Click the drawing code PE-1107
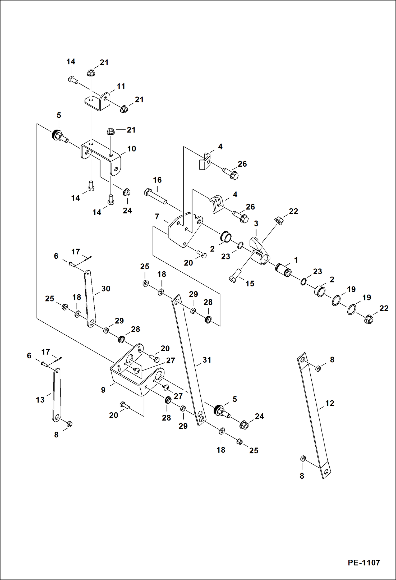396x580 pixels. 364,562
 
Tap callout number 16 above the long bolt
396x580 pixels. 157,180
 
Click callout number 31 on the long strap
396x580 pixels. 207,360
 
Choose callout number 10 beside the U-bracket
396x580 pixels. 132,149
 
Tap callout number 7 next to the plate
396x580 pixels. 157,217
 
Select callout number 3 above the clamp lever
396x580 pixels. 256,223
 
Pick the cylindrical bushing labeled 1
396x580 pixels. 283,270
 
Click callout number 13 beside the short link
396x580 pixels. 40,400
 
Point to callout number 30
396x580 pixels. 106,289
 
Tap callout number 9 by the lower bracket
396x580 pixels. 103,390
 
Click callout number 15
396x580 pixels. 250,284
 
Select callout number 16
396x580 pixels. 157,180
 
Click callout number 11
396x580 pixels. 121,86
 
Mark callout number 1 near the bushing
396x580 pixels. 296,260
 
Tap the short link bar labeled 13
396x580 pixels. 57,394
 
